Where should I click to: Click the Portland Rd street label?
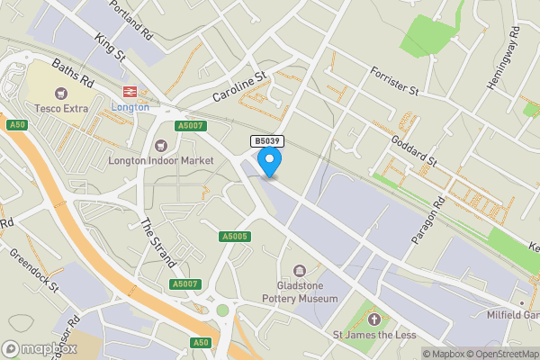(131, 18)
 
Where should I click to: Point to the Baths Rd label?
(72, 71)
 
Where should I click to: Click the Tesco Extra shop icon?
(61, 93)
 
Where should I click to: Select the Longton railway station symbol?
(130, 91)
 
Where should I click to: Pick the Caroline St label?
(241, 86)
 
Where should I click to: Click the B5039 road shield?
(266, 141)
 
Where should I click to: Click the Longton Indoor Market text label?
(161, 160)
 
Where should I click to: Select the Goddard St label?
(414, 150)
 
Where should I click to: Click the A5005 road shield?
(234, 237)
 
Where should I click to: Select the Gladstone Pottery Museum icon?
(299, 270)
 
